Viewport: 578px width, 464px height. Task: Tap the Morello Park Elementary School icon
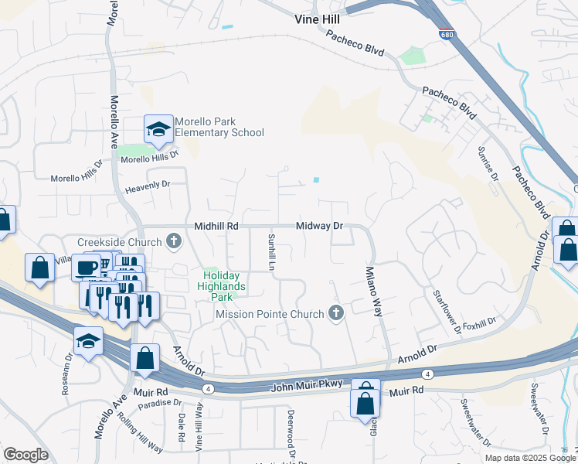point(158,131)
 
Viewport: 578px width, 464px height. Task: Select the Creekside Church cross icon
point(174,242)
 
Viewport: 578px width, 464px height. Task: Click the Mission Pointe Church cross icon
point(335,314)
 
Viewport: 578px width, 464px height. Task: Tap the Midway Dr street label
point(320,226)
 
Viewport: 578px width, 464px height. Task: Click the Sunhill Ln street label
point(271,251)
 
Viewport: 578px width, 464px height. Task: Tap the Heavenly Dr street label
point(147,184)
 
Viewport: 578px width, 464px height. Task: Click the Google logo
point(25,455)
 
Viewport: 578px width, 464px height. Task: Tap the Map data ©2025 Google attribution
point(530,458)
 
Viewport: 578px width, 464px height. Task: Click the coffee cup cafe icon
point(86,268)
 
